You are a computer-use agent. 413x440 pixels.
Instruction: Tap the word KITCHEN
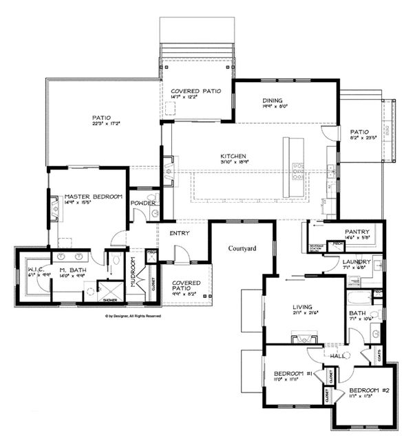tap(233, 156)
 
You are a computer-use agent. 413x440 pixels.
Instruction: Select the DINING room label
tap(273, 99)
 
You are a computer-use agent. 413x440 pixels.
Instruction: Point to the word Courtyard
tap(242, 248)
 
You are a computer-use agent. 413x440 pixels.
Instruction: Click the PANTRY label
tap(357, 232)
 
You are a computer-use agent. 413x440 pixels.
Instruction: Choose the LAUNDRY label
tap(357, 262)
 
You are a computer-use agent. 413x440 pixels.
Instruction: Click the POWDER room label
tap(142, 203)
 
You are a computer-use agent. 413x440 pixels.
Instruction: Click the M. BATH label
tap(70, 269)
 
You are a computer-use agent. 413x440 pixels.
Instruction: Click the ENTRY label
tap(180, 233)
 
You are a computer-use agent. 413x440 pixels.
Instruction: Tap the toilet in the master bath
tap(117, 261)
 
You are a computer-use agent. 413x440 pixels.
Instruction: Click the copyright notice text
tap(133, 316)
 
